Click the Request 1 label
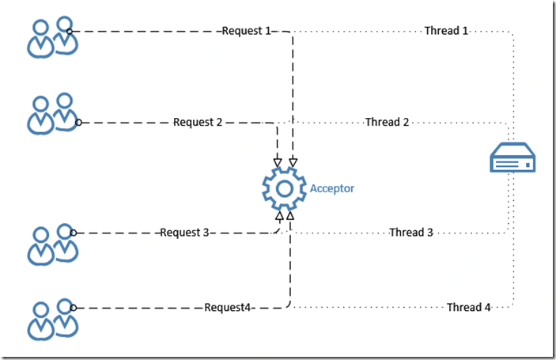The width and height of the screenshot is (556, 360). coord(246,31)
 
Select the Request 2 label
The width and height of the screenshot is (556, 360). coord(198,123)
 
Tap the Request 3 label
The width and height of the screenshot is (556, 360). coord(184,233)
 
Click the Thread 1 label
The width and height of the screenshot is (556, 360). coord(446,31)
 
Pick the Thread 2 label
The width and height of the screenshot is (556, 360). coord(387,123)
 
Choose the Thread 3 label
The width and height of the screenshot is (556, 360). coord(411,233)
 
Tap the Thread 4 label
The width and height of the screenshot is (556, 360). coord(468,308)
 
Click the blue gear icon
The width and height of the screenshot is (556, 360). coord(284,188)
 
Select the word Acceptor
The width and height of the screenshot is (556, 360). coord(332,188)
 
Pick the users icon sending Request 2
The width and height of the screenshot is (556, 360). coord(52,114)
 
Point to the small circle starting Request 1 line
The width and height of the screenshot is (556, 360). coord(70,32)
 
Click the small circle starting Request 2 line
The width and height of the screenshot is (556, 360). coord(78,123)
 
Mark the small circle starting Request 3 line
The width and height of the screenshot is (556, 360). coord(72,233)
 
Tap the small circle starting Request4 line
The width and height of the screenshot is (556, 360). coord(72,308)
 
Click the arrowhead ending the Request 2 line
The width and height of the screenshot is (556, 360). coord(278,161)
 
